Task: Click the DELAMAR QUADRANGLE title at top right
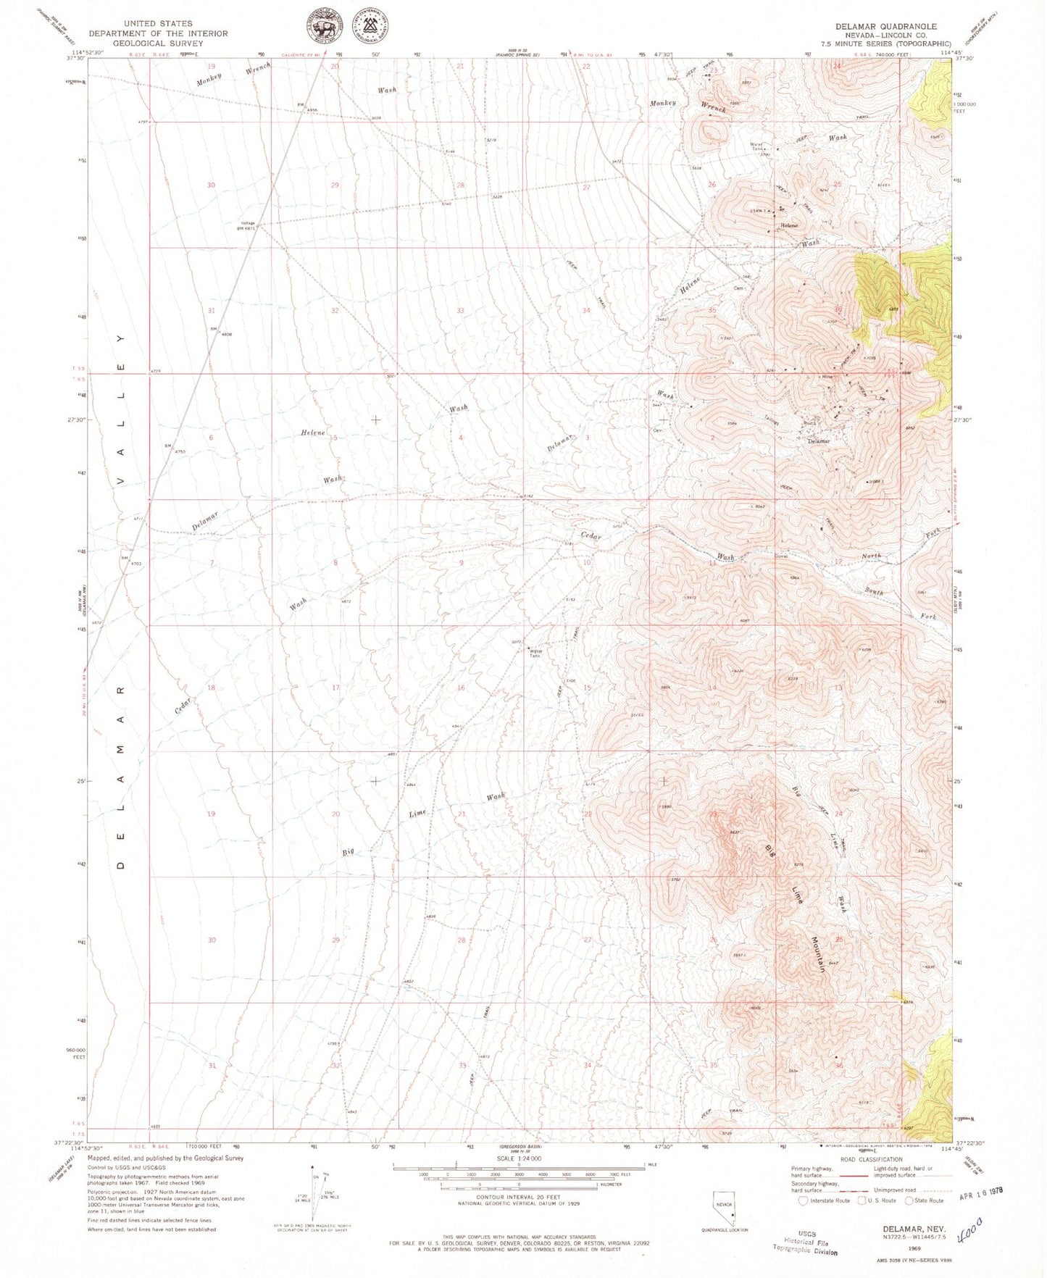[885, 26]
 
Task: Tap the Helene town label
[788, 225]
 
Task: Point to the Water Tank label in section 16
[536, 653]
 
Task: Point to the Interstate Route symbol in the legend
[803, 1200]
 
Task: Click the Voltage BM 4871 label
[248, 225]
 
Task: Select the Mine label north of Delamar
[827, 377]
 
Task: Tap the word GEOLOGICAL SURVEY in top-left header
[158, 43]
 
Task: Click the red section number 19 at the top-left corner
[212, 66]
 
